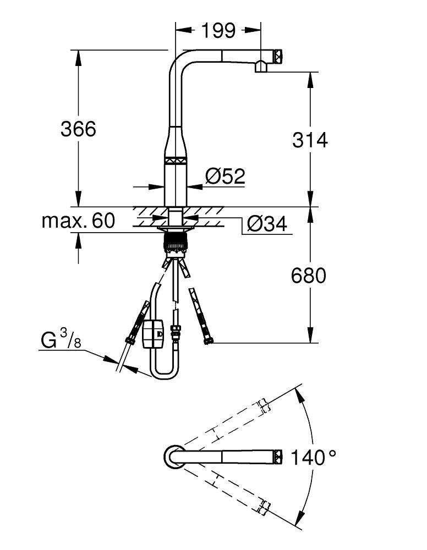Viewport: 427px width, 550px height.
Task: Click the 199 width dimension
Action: pyautogui.click(x=217, y=31)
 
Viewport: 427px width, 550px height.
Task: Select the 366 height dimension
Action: pyautogui.click(x=78, y=129)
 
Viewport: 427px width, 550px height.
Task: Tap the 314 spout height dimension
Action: pyautogui.click(x=310, y=140)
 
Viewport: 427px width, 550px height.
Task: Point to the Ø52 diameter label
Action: pyautogui.click(x=225, y=177)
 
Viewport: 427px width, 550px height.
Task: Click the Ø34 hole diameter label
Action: pyautogui.click(x=266, y=224)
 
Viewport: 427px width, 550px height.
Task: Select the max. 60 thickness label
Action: pyautogui.click(x=78, y=221)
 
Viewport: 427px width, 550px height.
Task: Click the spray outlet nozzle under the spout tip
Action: pyautogui.click(x=261, y=68)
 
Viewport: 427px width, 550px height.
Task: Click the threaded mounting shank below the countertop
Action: pyautogui.click(x=176, y=242)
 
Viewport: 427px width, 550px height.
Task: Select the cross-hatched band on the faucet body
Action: pyautogui.click(x=176, y=161)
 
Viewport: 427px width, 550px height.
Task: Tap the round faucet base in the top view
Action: pyautogui.click(x=173, y=456)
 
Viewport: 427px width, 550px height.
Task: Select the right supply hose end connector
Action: pyautogui.click(x=208, y=340)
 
